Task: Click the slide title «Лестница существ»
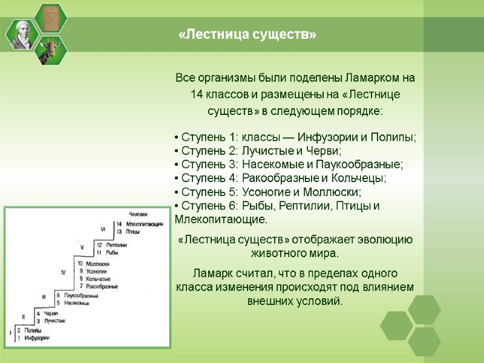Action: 247,35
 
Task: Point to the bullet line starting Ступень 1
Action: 295,137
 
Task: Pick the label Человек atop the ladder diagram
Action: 139,214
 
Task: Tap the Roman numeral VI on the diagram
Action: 103,229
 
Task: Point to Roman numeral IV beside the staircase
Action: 62,273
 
